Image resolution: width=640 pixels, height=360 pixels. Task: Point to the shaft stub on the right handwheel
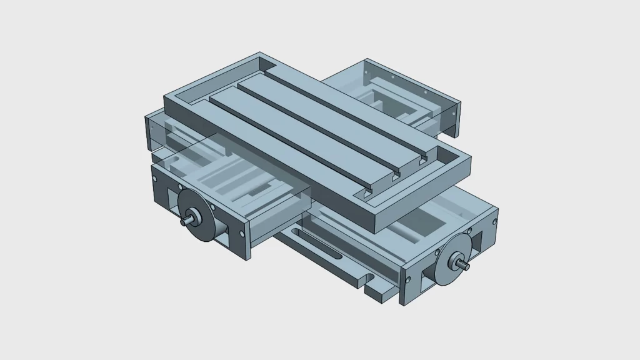tap(465, 266)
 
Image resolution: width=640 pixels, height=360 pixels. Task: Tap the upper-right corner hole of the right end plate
tap(495, 221)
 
